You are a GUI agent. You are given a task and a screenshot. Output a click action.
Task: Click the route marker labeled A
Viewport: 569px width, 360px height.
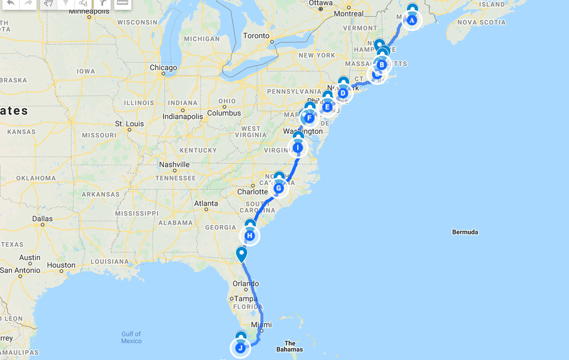click(x=412, y=20)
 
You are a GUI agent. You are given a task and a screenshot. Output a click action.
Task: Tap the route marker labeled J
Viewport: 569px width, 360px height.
click(x=241, y=348)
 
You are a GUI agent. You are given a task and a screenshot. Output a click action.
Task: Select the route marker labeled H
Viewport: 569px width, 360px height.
click(x=250, y=236)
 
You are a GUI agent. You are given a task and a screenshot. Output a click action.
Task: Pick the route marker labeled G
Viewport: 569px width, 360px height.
click(x=279, y=188)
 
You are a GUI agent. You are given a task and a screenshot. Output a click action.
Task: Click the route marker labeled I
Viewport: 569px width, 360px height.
click(x=298, y=147)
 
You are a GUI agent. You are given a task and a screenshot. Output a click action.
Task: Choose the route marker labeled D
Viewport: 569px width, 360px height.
click(x=343, y=93)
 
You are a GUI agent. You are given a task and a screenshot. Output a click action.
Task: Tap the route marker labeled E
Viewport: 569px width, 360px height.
click(x=327, y=107)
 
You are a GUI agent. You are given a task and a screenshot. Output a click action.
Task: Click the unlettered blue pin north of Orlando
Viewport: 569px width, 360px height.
click(x=241, y=254)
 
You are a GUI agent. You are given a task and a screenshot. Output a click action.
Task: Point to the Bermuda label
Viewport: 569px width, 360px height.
click(x=465, y=232)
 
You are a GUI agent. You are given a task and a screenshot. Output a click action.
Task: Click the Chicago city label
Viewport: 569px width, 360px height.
click(x=163, y=67)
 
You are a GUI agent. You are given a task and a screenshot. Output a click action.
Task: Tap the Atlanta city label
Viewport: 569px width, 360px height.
click(x=206, y=204)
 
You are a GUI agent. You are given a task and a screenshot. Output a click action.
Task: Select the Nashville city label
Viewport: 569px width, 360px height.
click(x=174, y=164)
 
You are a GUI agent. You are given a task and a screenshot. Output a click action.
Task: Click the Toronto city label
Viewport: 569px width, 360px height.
click(x=256, y=36)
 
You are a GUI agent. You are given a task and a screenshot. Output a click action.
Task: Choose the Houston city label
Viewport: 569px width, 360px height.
click(x=61, y=265)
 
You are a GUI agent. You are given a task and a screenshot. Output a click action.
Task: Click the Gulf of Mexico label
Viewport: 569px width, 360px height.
click(x=131, y=337)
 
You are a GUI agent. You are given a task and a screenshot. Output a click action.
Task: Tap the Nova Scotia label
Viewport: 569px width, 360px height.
click(x=481, y=22)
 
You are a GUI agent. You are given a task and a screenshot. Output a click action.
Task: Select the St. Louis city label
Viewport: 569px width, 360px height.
click(x=134, y=124)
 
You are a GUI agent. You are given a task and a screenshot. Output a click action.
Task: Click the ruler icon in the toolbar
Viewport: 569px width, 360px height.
click(x=123, y=3)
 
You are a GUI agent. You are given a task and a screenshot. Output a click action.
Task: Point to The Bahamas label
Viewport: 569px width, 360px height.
click(x=290, y=346)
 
